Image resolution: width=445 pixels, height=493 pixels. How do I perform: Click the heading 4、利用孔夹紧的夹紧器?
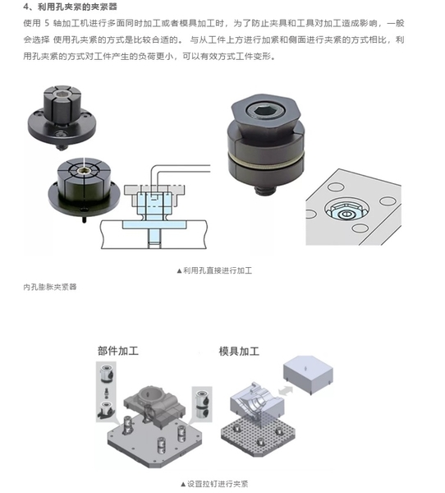[x=70, y=7]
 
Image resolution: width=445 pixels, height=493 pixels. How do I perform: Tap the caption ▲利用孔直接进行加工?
[x=214, y=270]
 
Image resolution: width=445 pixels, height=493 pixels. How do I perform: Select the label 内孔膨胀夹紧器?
[x=50, y=287]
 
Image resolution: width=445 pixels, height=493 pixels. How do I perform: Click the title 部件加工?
[x=118, y=351]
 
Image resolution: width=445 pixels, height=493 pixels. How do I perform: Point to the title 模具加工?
[x=239, y=351]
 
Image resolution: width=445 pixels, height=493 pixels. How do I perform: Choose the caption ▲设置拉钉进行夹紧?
[x=214, y=484]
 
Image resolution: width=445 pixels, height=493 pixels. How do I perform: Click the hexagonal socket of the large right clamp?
[x=262, y=110]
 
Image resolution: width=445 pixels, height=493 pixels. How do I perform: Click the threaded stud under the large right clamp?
[x=265, y=190]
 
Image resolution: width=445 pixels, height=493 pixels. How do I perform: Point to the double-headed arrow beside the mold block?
[x=286, y=391]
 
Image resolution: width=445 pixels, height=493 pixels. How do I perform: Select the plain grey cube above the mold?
[x=308, y=374]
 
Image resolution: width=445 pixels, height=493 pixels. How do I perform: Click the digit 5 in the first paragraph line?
[x=47, y=23]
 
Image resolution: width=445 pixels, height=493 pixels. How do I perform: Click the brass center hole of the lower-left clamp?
[x=85, y=172]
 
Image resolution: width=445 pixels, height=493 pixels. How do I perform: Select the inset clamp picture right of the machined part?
[x=202, y=404]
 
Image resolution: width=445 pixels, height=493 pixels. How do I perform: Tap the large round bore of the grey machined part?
[x=150, y=393]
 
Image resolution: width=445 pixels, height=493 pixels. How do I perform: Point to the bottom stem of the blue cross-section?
[x=154, y=238]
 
